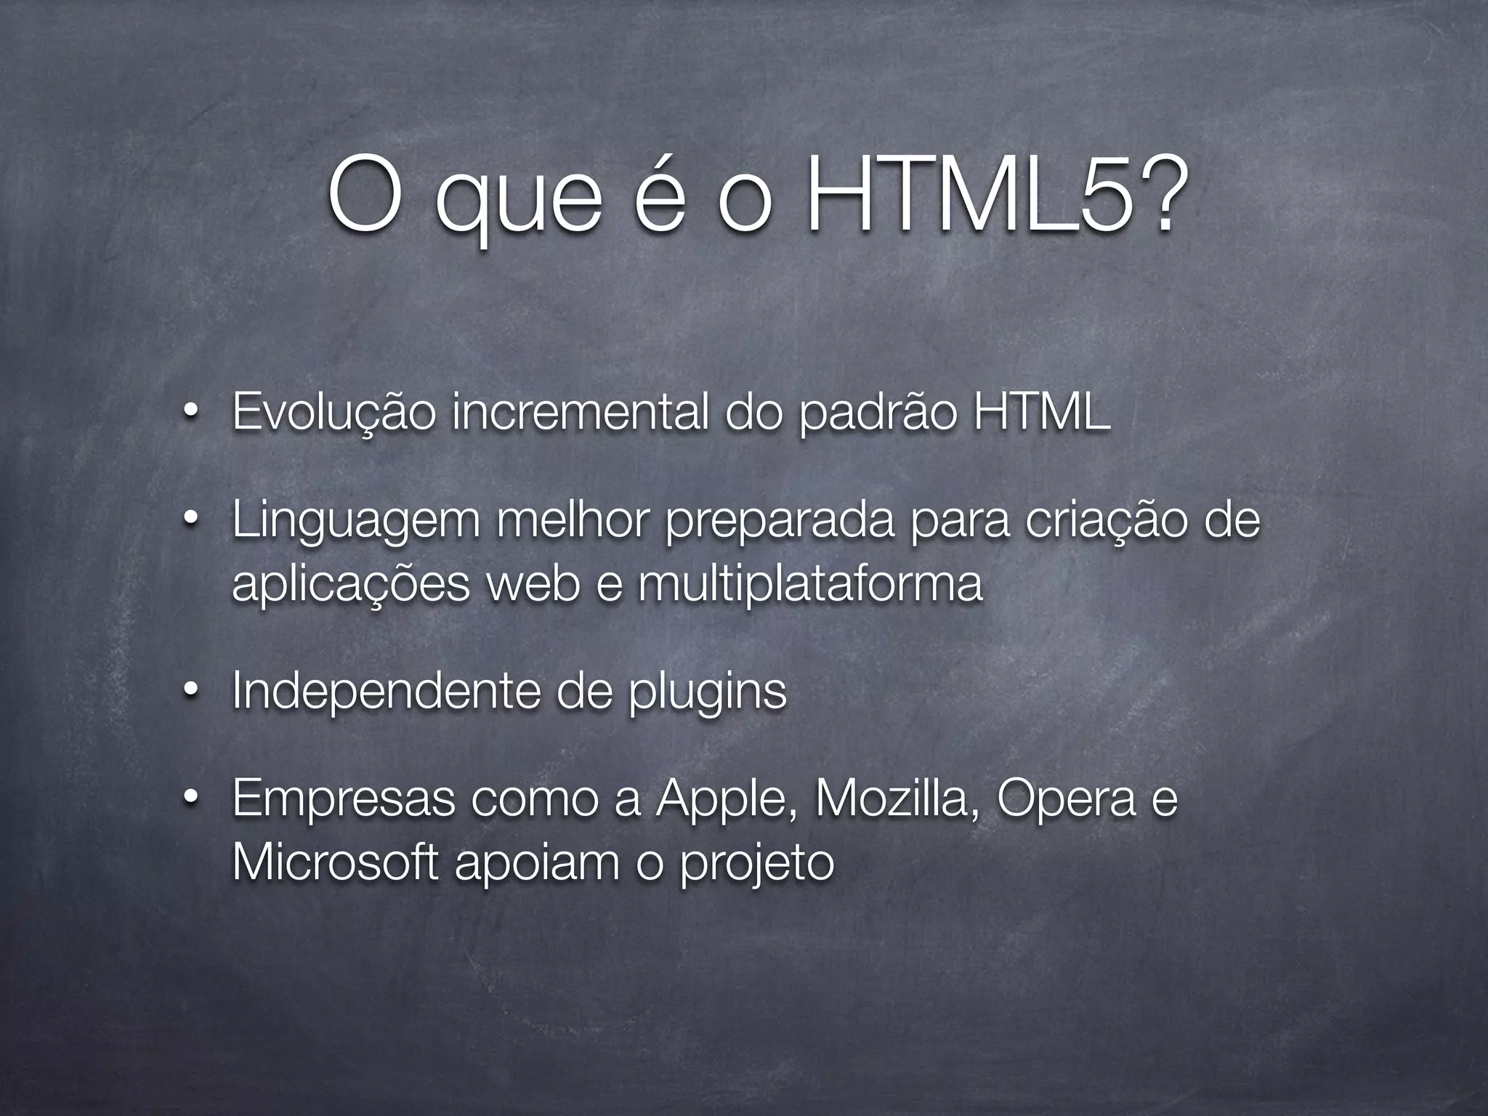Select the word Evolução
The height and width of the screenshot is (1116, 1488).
click(x=334, y=412)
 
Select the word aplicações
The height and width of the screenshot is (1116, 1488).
click(x=351, y=585)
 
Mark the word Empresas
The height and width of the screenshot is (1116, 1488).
click(x=344, y=799)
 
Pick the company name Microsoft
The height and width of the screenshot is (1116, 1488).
click(x=335, y=862)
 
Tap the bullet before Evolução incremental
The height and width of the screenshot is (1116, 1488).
click(x=190, y=412)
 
